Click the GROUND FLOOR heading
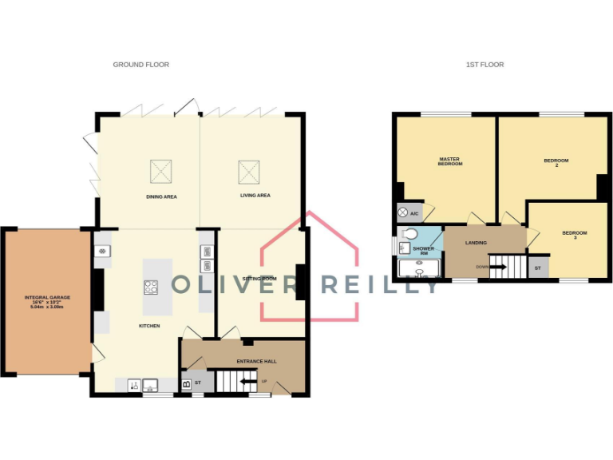coord(140,65)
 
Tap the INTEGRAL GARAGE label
coord(47,300)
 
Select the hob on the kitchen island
coord(150,286)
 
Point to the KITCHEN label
coord(149,326)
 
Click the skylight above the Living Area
coord(249,170)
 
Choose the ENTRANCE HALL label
coord(256,362)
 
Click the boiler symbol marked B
coord(187,384)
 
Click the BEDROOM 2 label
coord(551,162)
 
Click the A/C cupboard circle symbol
coord(402,213)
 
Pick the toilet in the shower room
coord(409,234)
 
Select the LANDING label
coord(477,243)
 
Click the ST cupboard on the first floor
coord(537,268)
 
